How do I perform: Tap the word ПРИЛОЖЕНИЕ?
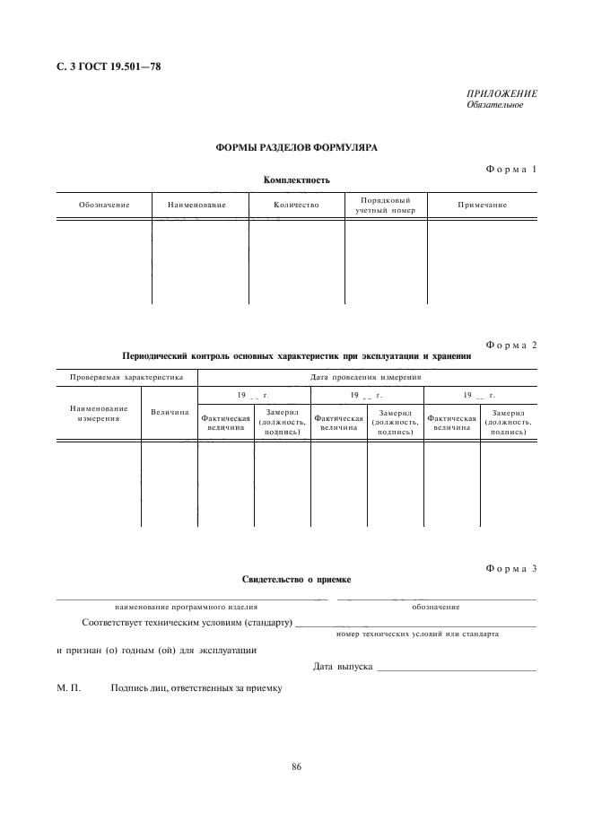pos(501,93)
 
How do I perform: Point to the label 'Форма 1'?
pos(510,169)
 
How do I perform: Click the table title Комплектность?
pos(297,180)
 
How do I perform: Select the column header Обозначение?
pos(104,206)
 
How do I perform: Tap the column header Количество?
pos(296,206)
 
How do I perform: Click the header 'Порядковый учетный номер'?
pos(386,206)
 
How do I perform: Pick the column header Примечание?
pos(482,206)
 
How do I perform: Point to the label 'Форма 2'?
pos(510,345)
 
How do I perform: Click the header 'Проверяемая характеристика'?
pos(126,377)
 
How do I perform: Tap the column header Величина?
pos(170,413)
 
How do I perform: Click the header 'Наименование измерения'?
pos(99,413)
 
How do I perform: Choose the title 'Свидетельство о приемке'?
pos(297,580)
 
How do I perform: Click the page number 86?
pos(297,766)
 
